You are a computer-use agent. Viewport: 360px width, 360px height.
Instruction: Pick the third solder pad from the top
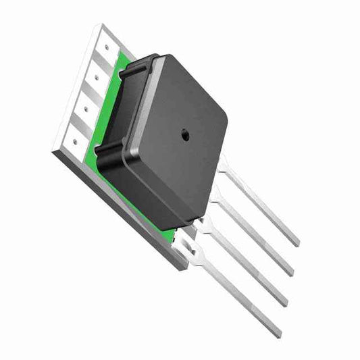pyautogui.click(x=88, y=105)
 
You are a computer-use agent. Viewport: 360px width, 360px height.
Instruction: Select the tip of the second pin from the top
pyautogui.click(x=291, y=273)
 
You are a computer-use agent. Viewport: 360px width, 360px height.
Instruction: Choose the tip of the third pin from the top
pyautogui.click(x=286, y=303)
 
